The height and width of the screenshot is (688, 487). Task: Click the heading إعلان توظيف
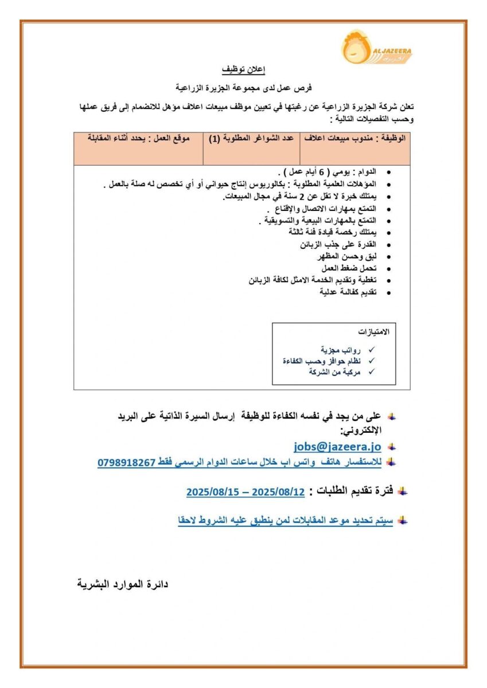pyautogui.click(x=244, y=70)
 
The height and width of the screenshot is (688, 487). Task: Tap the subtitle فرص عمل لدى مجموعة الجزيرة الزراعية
pyautogui.click(x=243, y=88)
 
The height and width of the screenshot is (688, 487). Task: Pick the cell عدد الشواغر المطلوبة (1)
pyautogui.click(x=251, y=139)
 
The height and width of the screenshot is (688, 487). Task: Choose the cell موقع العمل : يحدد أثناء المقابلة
pyautogui.click(x=138, y=139)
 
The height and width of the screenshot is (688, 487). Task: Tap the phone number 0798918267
pyautogui.click(x=127, y=462)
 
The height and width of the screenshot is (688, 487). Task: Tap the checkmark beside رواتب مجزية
pyautogui.click(x=371, y=350)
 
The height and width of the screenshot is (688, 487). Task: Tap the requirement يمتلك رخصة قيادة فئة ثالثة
pyautogui.click(x=333, y=232)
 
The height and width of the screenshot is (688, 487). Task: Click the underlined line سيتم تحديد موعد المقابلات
pyautogui.click(x=286, y=521)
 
